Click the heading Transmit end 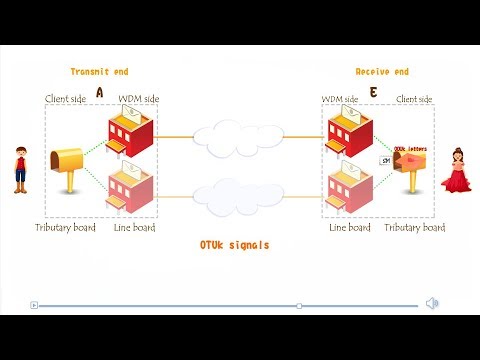[x=99, y=72]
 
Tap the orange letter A [x=99, y=92]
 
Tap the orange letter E [x=373, y=92]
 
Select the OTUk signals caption [x=234, y=245]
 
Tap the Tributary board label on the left [x=65, y=228]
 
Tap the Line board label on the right [x=350, y=228]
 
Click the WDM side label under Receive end [x=340, y=99]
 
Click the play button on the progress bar [x=34, y=305]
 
